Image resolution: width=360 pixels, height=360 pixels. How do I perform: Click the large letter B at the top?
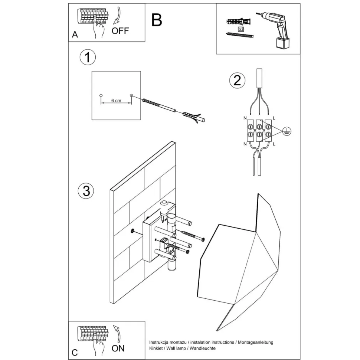(157, 20)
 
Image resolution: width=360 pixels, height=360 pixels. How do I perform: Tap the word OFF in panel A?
(120, 31)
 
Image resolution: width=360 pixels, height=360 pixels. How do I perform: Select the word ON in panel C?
(118, 348)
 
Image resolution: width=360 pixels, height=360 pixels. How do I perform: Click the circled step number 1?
(88, 58)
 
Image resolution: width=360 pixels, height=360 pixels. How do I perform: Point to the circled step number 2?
(237, 80)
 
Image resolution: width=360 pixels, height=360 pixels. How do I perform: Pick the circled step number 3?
(86, 191)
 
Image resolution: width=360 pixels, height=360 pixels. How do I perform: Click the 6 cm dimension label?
(116, 101)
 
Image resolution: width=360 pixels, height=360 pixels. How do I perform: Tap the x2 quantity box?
(241, 29)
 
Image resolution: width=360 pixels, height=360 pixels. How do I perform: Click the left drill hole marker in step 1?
(101, 95)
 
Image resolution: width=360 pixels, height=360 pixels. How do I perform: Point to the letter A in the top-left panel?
(75, 35)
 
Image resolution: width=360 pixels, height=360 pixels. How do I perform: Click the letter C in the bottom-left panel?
(75, 353)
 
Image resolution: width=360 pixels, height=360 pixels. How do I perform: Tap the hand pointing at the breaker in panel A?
(98, 30)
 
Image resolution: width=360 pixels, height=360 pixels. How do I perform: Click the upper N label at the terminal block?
(245, 118)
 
